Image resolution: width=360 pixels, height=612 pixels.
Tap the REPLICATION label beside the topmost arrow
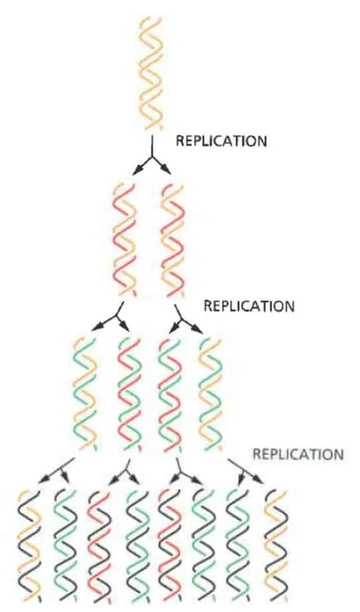(x=222, y=141)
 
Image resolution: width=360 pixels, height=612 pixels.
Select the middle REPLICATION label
(x=249, y=306)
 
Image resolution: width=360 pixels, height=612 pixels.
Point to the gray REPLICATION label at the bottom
(x=299, y=455)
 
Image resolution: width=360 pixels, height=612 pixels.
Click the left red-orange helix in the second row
(x=125, y=239)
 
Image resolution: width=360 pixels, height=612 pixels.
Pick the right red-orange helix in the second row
(x=173, y=239)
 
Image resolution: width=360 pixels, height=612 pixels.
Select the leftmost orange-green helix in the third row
(x=85, y=393)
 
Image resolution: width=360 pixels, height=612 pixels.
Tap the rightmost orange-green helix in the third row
(x=211, y=393)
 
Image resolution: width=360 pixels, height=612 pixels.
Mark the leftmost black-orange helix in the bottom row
(x=30, y=546)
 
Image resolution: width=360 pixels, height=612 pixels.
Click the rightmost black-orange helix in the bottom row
(x=276, y=546)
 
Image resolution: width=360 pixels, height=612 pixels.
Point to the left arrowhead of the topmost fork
(x=135, y=171)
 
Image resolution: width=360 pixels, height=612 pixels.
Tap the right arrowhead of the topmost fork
(x=168, y=171)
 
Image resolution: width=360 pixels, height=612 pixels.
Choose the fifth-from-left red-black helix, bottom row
(x=171, y=546)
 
